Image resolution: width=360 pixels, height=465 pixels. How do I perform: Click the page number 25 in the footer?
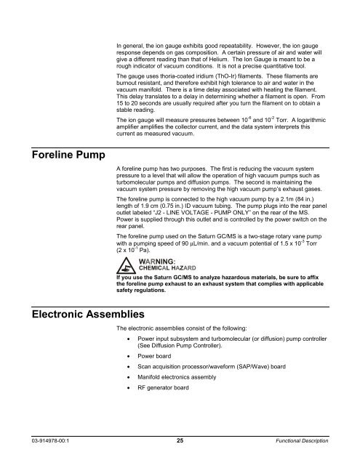coord(180,440)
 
